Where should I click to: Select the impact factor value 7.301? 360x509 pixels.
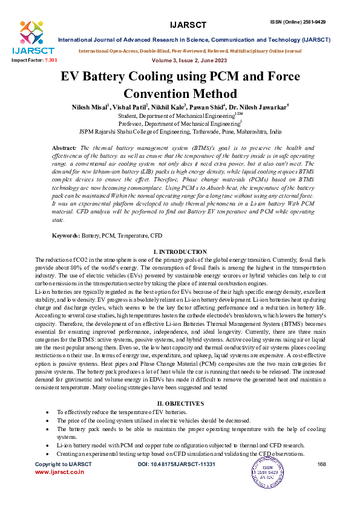pos(52,61)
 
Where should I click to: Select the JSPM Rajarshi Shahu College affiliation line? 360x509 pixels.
pos(180,131)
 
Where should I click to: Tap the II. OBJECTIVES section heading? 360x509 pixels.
pos(180,403)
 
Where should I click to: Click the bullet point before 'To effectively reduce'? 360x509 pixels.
pos(48,411)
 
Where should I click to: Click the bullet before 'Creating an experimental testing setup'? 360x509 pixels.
pos(48,453)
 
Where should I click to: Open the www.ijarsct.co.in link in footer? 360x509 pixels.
pos(59,472)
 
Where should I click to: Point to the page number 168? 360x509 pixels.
pos(322,464)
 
